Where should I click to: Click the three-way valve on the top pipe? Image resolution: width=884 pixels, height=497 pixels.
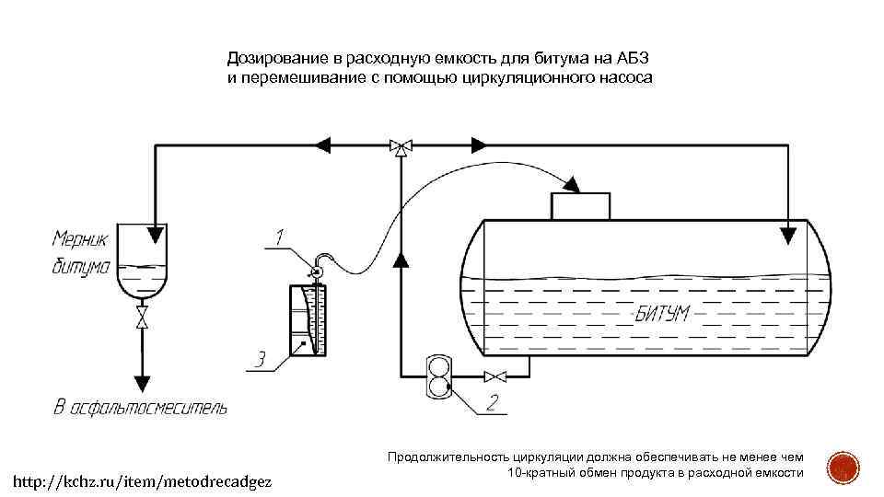(401, 145)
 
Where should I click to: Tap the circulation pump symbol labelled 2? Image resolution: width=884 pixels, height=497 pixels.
(438, 376)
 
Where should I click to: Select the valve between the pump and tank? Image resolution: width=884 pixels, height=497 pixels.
(496, 376)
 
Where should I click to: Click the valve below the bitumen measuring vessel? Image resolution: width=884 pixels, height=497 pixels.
(142, 318)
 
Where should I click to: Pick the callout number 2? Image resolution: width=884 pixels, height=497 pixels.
(493, 401)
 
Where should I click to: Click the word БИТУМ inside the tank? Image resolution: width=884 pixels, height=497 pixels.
(662, 314)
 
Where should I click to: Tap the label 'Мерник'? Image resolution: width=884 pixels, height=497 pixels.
(80, 239)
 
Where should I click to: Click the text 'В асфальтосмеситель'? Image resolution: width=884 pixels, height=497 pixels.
(139, 407)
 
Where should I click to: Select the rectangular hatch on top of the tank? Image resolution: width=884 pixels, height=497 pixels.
(579, 205)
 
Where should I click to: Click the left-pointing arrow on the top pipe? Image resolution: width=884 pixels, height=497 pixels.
(323, 144)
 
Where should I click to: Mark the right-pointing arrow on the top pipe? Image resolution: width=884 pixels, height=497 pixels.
(479, 144)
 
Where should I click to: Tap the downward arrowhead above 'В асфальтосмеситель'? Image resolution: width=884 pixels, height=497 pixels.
(142, 382)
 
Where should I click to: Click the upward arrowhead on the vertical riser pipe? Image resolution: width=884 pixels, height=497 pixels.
(401, 259)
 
